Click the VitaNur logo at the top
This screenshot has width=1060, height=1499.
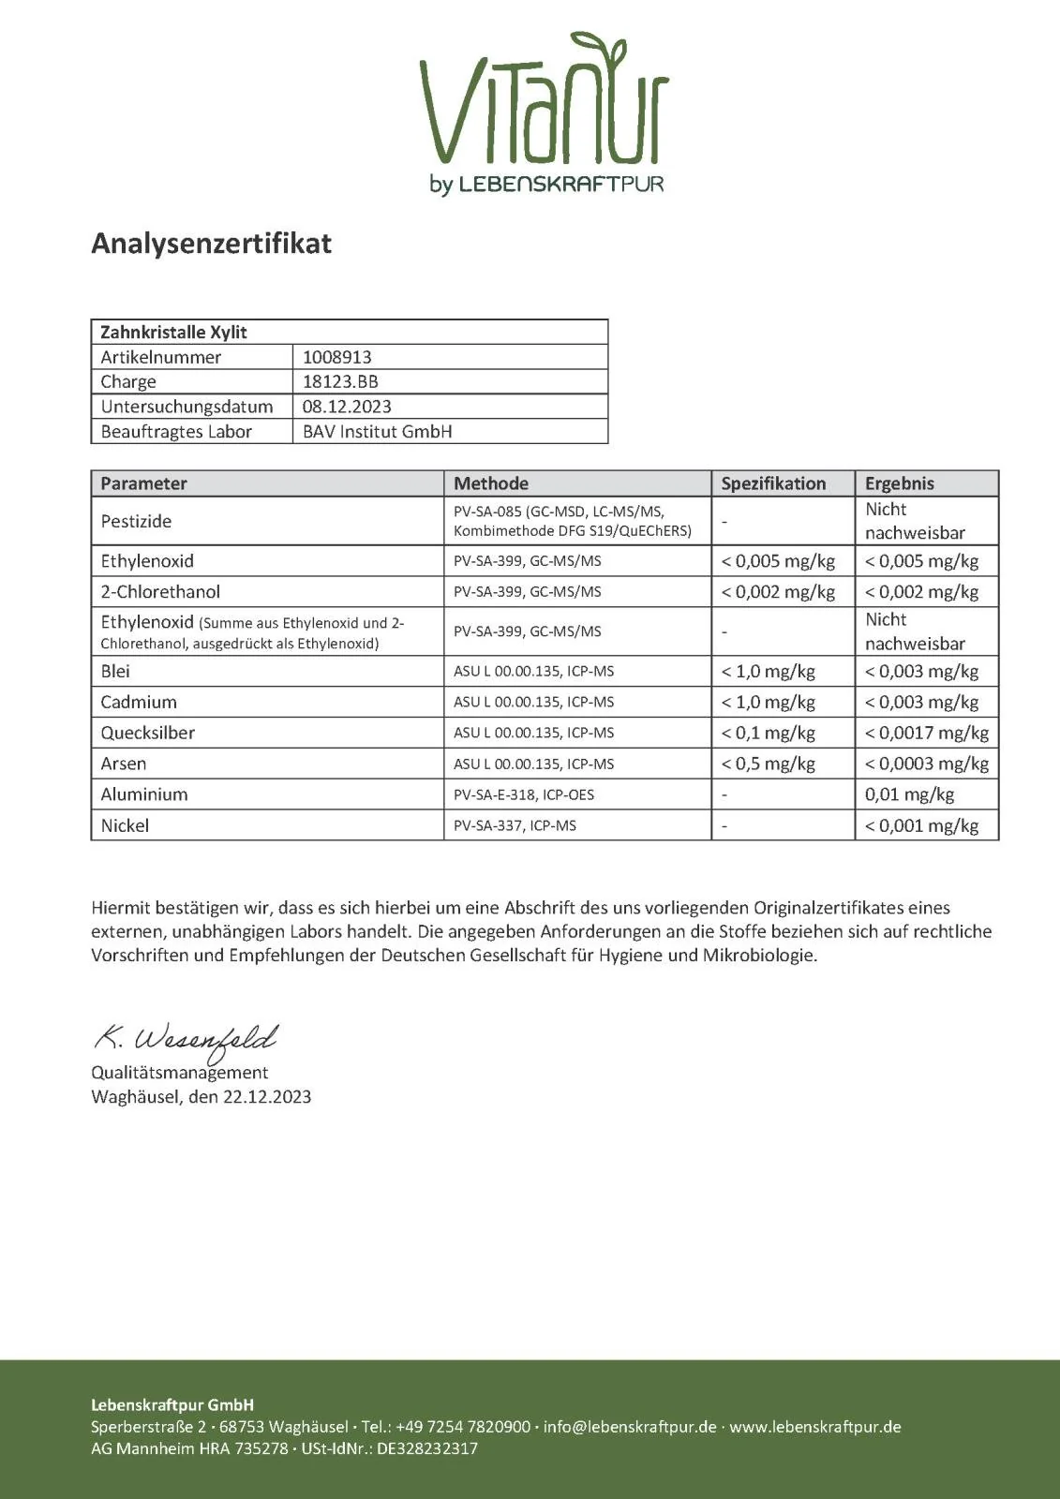point(544,112)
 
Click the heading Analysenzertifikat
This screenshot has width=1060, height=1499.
point(211,244)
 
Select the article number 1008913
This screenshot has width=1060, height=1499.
point(336,357)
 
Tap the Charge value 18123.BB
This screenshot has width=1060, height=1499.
point(340,381)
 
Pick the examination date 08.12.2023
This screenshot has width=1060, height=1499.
point(347,407)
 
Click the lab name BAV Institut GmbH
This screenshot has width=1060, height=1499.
point(377,432)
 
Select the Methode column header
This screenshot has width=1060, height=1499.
point(491,483)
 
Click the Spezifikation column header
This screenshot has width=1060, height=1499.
point(773,483)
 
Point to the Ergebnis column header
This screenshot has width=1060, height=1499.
point(899,483)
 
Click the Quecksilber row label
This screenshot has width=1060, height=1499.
point(148,733)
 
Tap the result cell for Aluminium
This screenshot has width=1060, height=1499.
point(909,794)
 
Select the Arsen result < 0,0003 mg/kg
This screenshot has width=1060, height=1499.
point(926,764)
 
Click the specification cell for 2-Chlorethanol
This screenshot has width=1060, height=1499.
point(778,592)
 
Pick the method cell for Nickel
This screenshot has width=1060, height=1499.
point(515,825)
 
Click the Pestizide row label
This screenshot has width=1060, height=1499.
point(136,521)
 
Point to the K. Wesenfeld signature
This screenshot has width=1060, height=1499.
point(186,1039)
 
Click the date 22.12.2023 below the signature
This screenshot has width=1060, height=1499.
point(266,1097)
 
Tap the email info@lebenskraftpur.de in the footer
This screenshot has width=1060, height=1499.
point(629,1427)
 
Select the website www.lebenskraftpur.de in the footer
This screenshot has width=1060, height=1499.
point(815,1427)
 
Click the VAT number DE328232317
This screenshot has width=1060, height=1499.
point(427,1448)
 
